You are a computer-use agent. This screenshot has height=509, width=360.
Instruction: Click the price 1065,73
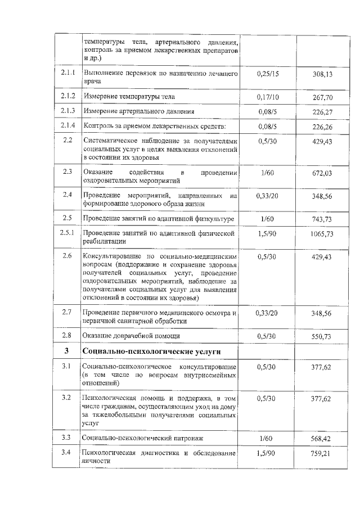pos(322,233)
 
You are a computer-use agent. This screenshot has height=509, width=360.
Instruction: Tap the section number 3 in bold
pos(67,352)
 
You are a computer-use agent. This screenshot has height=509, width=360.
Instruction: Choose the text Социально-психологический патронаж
pos(142,437)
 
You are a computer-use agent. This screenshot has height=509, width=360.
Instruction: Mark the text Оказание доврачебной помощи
pos(131,336)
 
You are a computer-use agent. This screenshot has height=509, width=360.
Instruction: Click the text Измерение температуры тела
pos(129,96)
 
